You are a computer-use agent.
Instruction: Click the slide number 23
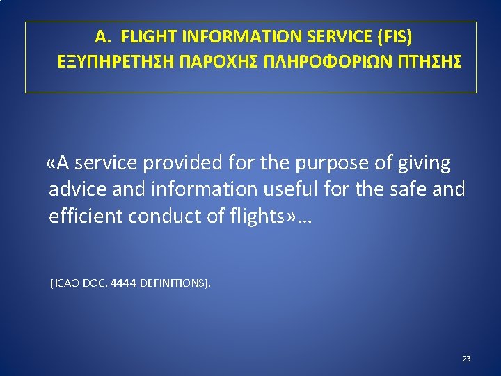(466, 359)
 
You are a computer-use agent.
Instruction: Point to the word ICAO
(66, 284)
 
